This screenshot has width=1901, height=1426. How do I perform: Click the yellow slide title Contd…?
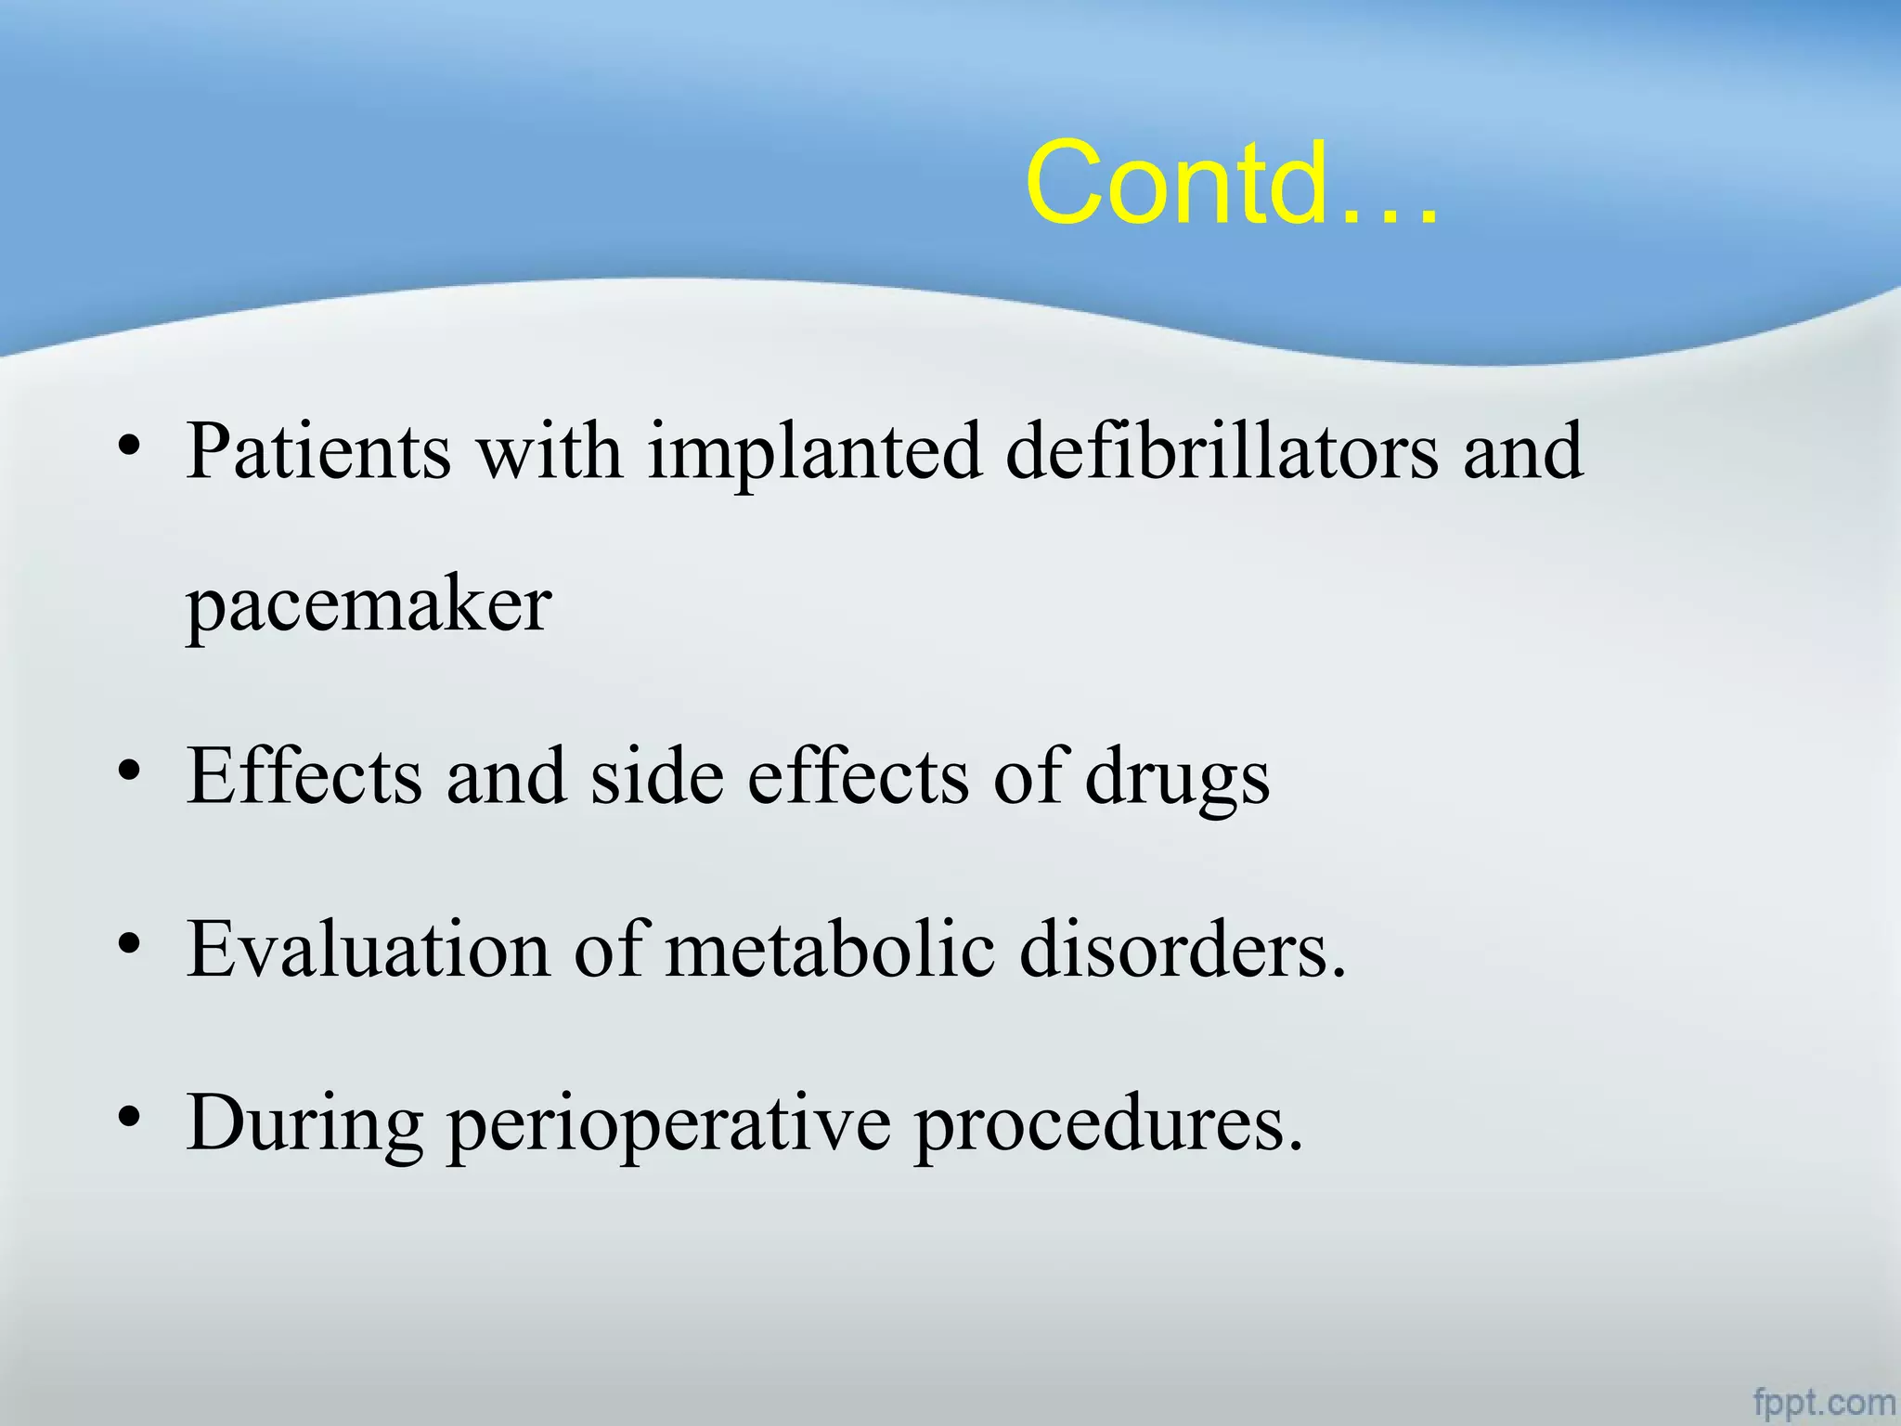[1232, 183]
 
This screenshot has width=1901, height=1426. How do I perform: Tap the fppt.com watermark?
[1823, 1401]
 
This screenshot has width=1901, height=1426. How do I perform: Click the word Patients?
[318, 451]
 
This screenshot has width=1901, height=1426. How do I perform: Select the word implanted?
[814, 453]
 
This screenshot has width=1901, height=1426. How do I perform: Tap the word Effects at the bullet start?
[304, 776]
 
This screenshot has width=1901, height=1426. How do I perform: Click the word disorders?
[1182, 950]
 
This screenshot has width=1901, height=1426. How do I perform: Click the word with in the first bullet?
[550, 451]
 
